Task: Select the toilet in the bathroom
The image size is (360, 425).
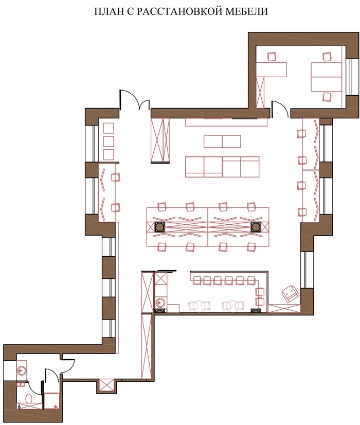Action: tap(29, 398)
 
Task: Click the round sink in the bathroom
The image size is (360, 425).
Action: tap(22, 370)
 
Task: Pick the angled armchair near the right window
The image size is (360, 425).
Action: tap(290, 293)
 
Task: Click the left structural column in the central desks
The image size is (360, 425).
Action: tap(159, 227)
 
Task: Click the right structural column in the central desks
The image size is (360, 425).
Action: tap(256, 227)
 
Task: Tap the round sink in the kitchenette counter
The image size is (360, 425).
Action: tap(161, 302)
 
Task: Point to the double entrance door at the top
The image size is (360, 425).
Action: tap(135, 100)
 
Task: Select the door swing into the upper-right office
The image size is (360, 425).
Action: tap(279, 109)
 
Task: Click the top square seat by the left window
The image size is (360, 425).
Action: tap(109, 128)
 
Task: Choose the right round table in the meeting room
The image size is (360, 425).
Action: tap(234, 306)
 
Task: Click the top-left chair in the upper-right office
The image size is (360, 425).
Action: tap(272, 57)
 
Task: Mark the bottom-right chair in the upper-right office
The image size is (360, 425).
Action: tap(327, 97)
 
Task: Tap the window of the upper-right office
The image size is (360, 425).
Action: tap(353, 77)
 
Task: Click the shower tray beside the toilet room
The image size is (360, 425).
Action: tap(52, 401)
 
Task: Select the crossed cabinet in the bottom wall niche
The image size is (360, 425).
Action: tap(106, 385)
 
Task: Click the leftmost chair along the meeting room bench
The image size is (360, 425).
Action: tap(196, 280)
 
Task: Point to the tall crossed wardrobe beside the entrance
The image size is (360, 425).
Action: tap(160, 140)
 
